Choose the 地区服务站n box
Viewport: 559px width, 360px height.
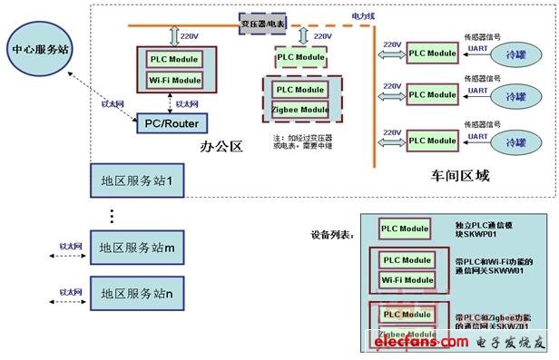pos(136,294)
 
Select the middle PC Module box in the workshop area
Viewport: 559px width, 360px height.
pos(431,94)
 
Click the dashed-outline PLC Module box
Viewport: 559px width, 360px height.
pos(300,56)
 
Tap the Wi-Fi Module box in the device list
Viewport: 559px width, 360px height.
pos(406,280)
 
